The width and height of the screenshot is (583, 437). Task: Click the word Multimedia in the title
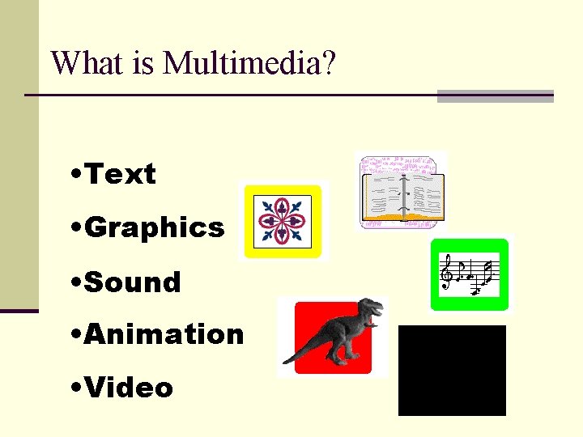click(x=240, y=62)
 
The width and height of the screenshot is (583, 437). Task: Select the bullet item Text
click(x=120, y=174)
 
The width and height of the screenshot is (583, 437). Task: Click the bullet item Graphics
click(x=154, y=228)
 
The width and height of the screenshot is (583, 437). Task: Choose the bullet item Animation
click(x=164, y=334)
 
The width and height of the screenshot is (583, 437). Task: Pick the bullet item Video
click(x=129, y=388)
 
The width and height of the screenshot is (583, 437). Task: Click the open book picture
click(x=402, y=192)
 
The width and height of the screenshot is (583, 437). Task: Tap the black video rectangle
click(x=452, y=371)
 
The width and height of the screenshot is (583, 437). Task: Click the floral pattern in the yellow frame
click(x=283, y=221)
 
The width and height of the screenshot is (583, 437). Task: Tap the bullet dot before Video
click(x=75, y=388)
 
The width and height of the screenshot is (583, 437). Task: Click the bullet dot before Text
click(x=75, y=174)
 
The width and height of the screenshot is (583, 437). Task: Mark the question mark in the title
click(x=326, y=62)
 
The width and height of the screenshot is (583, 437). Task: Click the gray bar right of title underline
click(x=495, y=96)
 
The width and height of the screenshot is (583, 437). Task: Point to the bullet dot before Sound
click(x=75, y=282)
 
